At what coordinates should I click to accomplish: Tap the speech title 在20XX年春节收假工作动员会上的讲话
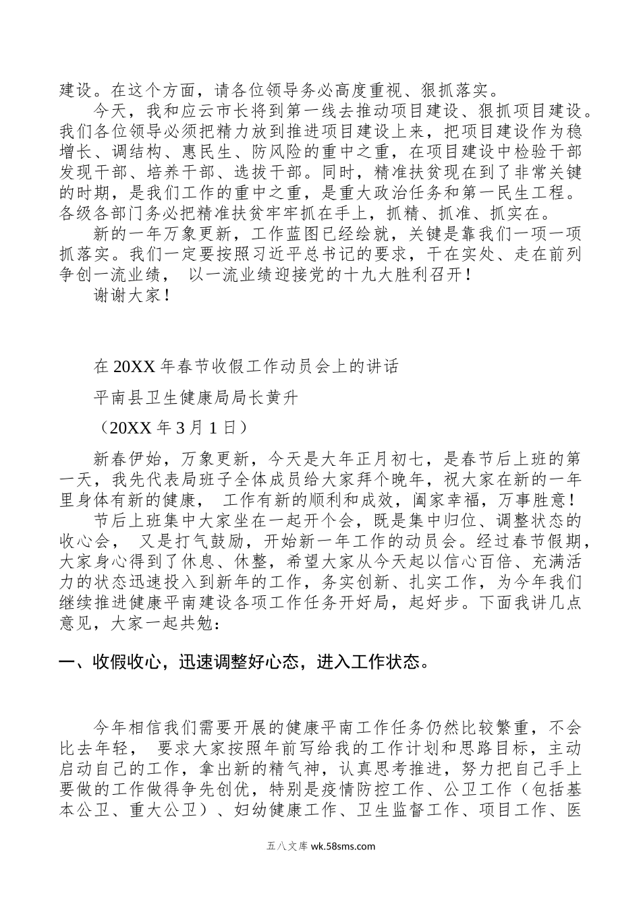coord(247,367)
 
